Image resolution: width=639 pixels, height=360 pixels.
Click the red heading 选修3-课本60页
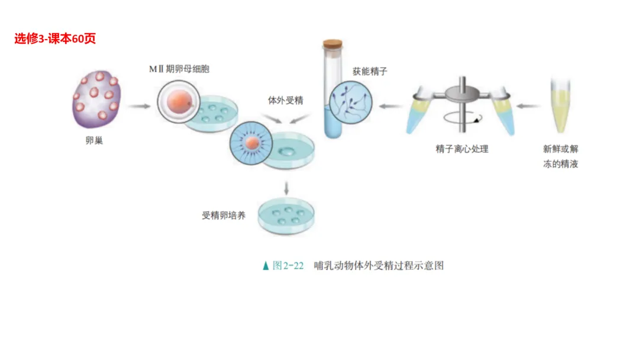pos(55,39)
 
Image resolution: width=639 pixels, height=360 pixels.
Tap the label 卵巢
pos(95,141)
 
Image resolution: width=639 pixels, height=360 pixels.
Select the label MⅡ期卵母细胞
pos(179,69)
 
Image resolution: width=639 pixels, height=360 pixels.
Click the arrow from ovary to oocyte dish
pos(140,107)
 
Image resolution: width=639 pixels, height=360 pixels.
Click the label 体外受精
pos(286,100)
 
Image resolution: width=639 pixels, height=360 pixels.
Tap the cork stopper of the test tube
pos(333,45)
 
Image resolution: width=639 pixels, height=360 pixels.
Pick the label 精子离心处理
pos(462,149)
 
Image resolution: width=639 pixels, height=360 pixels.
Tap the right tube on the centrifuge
pos(502,112)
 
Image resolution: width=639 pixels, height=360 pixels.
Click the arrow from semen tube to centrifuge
pos(528,107)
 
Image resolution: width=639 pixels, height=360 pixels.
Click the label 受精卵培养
pos(224,216)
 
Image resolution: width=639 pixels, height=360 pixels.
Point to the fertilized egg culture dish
pos(286,216)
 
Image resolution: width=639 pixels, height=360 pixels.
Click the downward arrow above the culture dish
pos(286,188)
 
